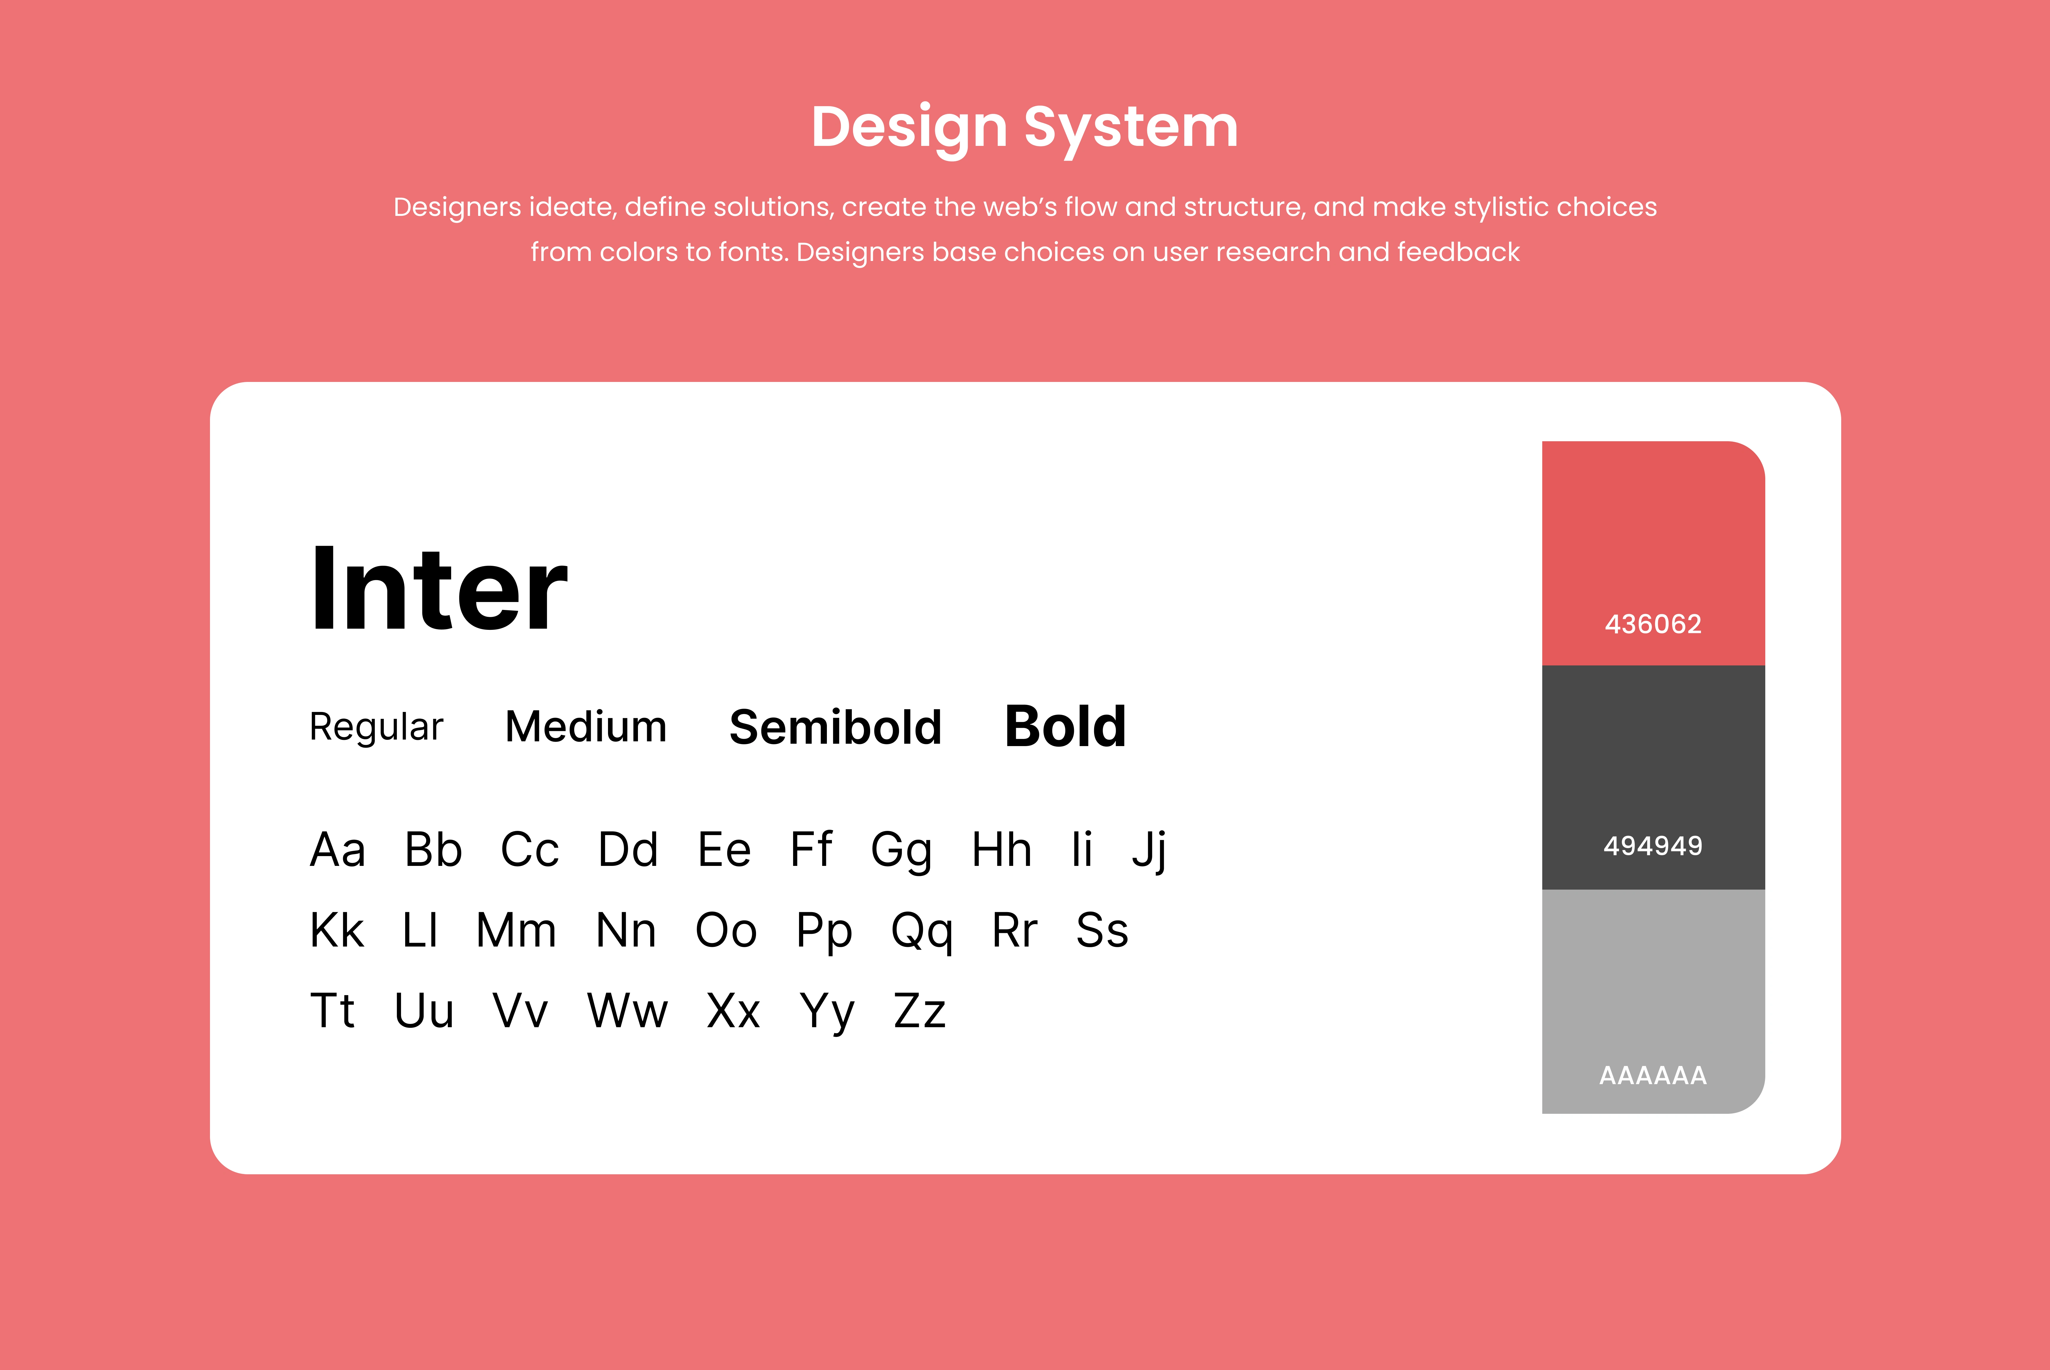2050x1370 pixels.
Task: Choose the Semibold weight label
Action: [835, 727]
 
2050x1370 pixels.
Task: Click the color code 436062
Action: [1653, 624]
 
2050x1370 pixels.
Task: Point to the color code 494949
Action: [1653, 846]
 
